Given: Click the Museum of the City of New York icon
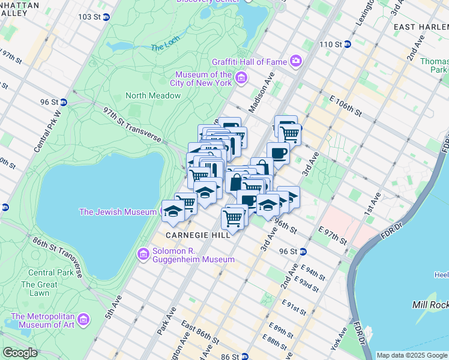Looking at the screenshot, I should click(x=241, y=78).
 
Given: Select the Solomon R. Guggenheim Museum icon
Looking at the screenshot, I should click(x=143, y=254).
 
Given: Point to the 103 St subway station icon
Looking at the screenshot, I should click(x=107, y=17).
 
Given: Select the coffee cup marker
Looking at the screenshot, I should click(x=278, y=152).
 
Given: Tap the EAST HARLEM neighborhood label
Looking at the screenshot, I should click(x=420, y=28).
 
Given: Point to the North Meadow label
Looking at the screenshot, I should click(x=153, y=95).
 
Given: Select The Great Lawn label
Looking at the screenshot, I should click(x=39, y=289).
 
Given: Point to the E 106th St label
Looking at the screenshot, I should click(x=345, y=104).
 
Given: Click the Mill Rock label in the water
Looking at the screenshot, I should click(x=430, y=305).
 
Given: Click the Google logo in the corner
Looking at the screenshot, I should click(x=20, y=353).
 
